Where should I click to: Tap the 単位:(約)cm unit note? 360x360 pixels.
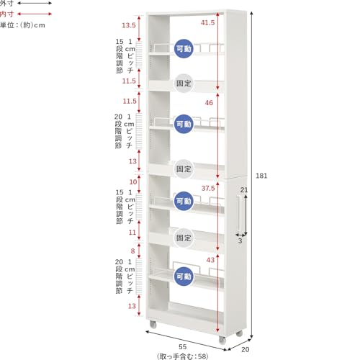pyautogui.click(x=22, y=25)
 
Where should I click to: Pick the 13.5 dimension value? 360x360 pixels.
pyautogui.click(x=128, y=26)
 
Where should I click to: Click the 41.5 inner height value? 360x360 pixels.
pyautogui.click(x=208, y=23)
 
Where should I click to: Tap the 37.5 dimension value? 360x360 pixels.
pyautogui.click(x=208, y=188)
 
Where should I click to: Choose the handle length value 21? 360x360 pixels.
pyautogui.click(x=244, y=190)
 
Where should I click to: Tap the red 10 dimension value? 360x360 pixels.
pyautogui.click(x=133, y=181)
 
